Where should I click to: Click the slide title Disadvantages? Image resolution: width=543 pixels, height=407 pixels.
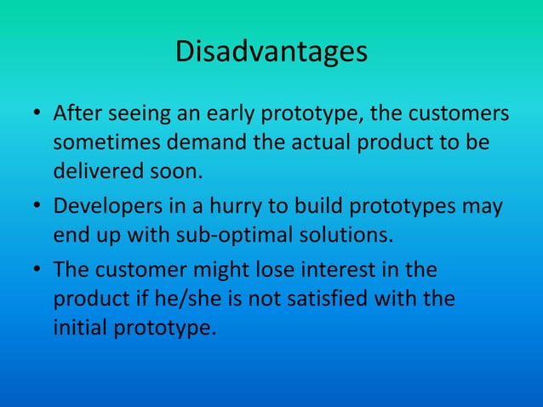click(271, 52)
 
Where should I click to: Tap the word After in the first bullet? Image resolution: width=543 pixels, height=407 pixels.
click(77, 113)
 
